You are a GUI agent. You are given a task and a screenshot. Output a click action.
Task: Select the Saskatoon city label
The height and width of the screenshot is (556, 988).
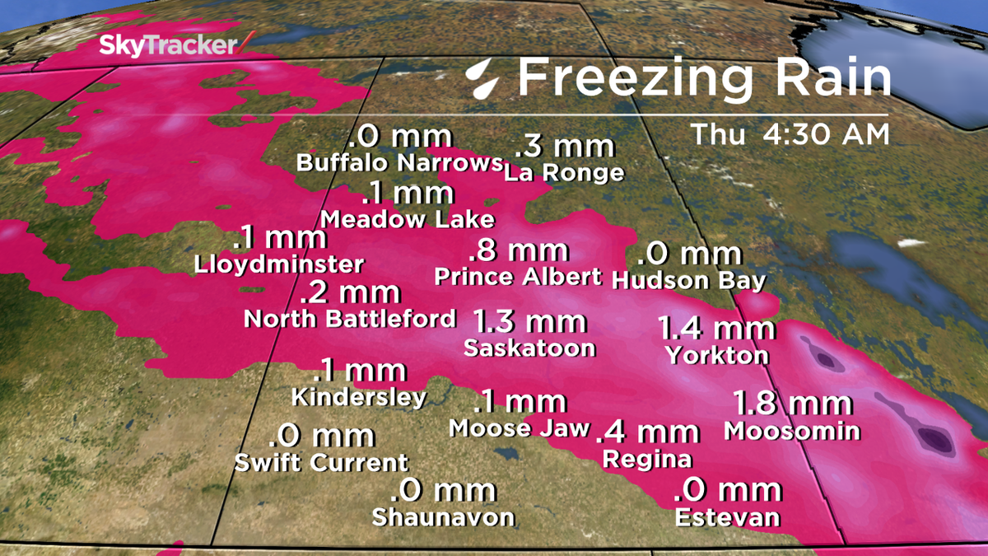(x=529, y=348)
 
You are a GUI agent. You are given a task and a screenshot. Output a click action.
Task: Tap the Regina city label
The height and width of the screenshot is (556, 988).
(x=647, y=458)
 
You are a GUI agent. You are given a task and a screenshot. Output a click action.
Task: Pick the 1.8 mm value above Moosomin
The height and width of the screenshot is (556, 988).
(x=792, y=404)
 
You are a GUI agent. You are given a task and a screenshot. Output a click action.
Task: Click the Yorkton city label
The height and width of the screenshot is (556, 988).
(x=717, y=356)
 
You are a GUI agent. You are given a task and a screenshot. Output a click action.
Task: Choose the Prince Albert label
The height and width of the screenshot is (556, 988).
(x=518, y=276)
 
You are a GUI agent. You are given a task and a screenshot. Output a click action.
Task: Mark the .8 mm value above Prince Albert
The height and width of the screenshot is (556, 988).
(x=517, y=249)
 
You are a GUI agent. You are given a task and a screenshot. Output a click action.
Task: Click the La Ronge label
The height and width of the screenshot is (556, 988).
(x=564, y=173)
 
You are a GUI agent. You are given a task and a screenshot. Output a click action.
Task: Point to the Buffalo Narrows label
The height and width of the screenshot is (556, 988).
(x=399, y=162)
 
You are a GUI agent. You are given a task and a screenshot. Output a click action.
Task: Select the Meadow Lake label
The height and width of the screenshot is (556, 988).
(x=408, y=219)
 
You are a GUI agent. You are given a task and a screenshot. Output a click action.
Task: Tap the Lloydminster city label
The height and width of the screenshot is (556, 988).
(x=279, y=265)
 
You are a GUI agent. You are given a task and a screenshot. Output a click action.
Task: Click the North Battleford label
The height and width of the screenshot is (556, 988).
(x=350, y=319)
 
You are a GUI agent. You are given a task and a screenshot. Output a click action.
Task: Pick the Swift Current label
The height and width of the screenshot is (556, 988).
(x=321, y=463)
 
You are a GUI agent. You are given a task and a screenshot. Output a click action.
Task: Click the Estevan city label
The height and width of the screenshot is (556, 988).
(x=727, y=517)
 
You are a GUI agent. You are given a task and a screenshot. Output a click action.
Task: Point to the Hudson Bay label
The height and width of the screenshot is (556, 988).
(x=689, y=280)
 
